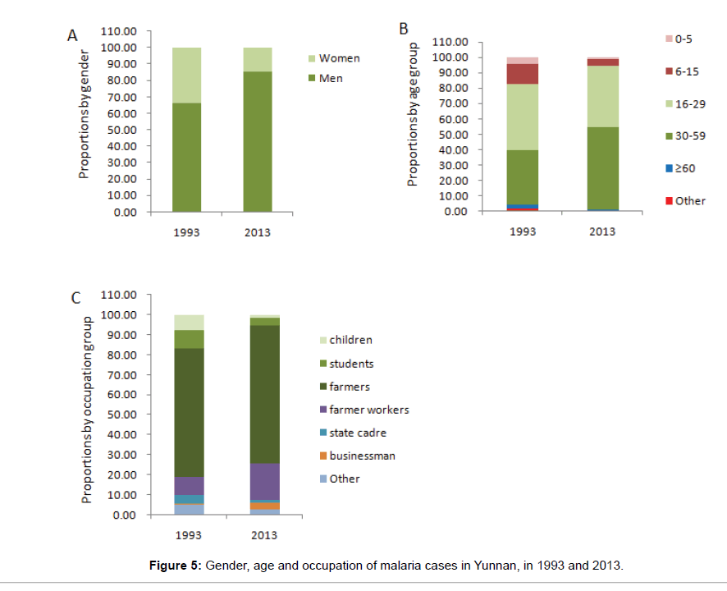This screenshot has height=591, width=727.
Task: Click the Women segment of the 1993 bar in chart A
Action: coord(186,75)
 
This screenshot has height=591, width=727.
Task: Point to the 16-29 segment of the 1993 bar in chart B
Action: coord(522,117)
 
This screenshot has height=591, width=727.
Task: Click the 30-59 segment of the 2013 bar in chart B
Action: coord(602,168)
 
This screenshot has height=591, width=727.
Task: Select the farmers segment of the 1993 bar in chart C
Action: coord(189,412)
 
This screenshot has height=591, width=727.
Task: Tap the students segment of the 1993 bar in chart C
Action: coord(189,339)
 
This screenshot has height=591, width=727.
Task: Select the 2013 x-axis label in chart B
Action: coord(602,231)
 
